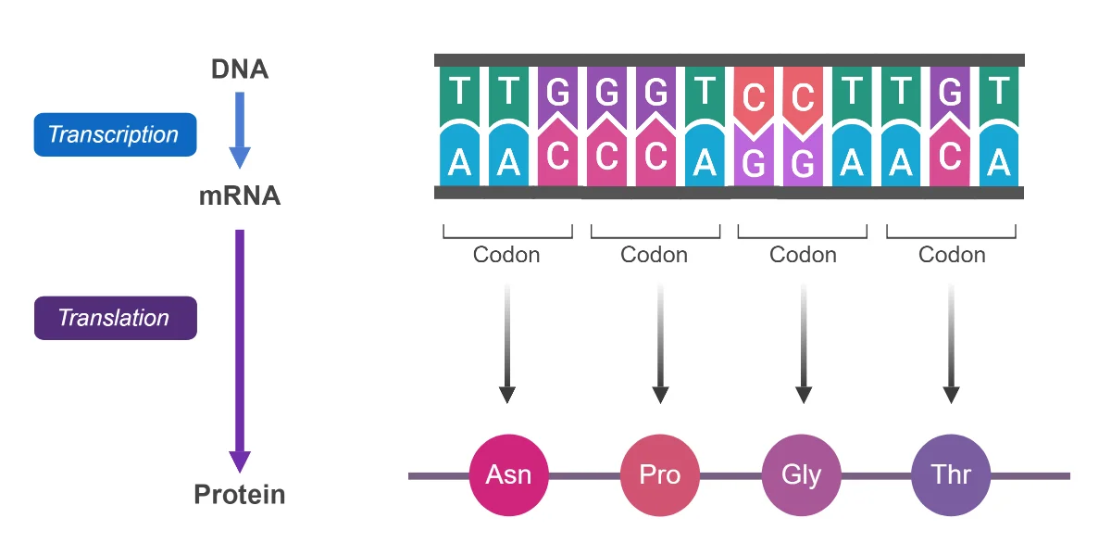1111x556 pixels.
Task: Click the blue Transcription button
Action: pyautogui.click(x=115, y=134)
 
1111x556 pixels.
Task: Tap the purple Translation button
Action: pyautogui.click(x=116, y=318)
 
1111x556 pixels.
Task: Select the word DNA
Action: pyautogui.click(x=240, y=69)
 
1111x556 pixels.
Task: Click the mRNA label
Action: pyautogui.click(x=240, y=196)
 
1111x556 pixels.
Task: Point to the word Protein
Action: pyautogui.click(x=240, y=495)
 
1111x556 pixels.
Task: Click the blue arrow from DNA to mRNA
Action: pyautogui.click(x=240, y=130)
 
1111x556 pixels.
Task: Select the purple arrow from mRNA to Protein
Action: pyautogui.click(x=240, y=351)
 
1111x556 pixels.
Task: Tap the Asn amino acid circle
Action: pyautogui.click(x=509, y=475)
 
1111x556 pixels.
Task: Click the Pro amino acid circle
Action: pyautogui.click(x=660, y=475)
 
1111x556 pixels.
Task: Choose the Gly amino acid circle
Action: pyautogui.click(x=802, y=475)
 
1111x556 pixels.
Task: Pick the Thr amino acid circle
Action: pyautogui.click(x=951, y=475)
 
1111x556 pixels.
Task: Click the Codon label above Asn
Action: pyautogui.click(x=506, y=255)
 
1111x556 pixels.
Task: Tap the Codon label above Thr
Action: pyautogui.click(x=952, y=255)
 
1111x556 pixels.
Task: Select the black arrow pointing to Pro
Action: pyautogui.click(x=660, y=344)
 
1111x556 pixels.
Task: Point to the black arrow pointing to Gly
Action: pyautogui.click(x=804, y=344)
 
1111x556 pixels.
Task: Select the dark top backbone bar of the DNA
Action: pyautogui.click(x=730, y=60)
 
